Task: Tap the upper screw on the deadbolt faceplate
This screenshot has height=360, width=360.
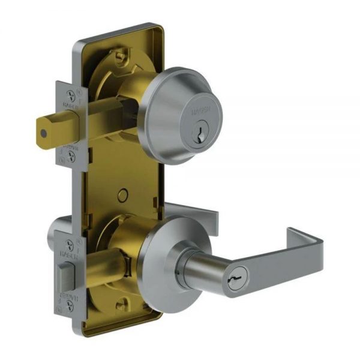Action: (72, 94)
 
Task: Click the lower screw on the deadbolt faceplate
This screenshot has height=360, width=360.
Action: (72, 158)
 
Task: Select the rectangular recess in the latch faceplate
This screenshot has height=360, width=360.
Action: (64, 276)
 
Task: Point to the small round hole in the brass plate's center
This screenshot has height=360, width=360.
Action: (123, 194)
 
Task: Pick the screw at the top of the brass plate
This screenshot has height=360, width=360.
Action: (122, 57)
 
